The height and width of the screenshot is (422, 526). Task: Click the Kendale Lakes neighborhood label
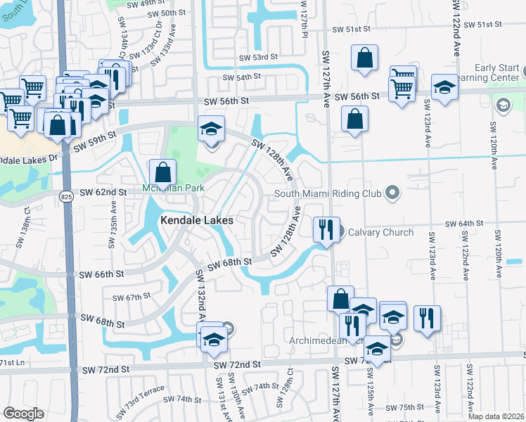click(x=196, y=220)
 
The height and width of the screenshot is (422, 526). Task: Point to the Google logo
click(x=23, y=413)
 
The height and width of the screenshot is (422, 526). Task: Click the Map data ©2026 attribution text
click(x=496, y=416)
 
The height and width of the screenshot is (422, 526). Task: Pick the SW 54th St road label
click(x=242, y=77)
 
